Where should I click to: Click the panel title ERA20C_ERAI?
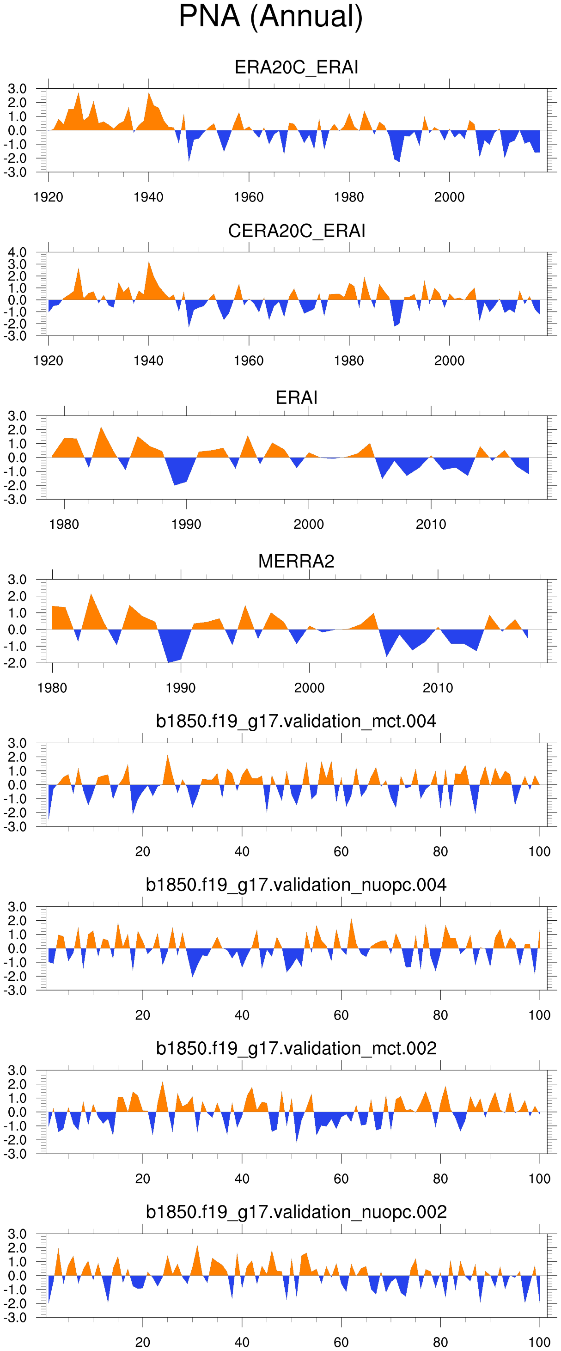[x=296, y=67]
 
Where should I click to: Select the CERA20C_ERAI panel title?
[x=296, y=231]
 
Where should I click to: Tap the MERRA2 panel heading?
[x=296, y=561]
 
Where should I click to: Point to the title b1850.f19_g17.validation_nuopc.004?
[x=296, y=885]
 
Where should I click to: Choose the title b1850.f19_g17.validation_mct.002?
[x=296, y=1048]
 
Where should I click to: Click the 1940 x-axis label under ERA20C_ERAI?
[x=148, y=197]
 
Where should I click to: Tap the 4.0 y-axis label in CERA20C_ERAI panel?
[x=17, y=252]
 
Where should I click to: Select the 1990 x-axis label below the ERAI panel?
[x=186, y=525]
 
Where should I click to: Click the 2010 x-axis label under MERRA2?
[x=438, y=688]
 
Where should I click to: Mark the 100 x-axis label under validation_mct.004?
[x=539, y=852]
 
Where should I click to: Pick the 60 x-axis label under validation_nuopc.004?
[x=341, y=1015]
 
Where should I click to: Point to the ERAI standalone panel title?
[x=296, y=397]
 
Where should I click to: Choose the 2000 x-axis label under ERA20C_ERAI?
[x=449, y=197]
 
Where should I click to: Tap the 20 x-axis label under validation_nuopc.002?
[x=143, y=1342]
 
